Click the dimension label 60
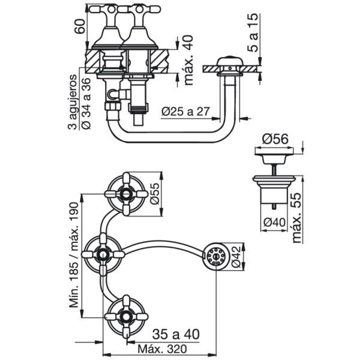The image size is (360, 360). pos(81,26)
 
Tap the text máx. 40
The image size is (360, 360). pos(189,60)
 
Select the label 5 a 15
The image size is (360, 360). pos(253,33)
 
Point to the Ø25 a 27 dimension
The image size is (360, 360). pos(185,112)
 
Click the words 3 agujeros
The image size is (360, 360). pos(73,102)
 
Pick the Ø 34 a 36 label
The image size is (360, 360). pos(86,104)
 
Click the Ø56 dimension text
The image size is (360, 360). pos(275,139)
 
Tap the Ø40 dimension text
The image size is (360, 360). pos(275,222)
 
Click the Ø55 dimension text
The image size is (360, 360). pos(155,193)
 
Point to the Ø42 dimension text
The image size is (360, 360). pos(236,257)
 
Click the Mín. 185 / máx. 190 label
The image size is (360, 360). pos(74,255)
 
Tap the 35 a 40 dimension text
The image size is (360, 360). pos(176,335)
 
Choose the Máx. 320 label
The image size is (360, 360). pos(162,349)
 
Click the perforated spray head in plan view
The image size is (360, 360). pos(216,256)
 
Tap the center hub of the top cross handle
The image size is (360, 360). pos(126,194)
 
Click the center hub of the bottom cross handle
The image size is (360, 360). pos(126,317)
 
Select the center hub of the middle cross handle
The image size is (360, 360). pos(103,254)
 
